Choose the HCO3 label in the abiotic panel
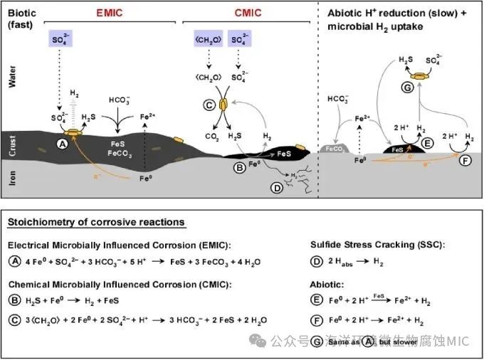point(337,97)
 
